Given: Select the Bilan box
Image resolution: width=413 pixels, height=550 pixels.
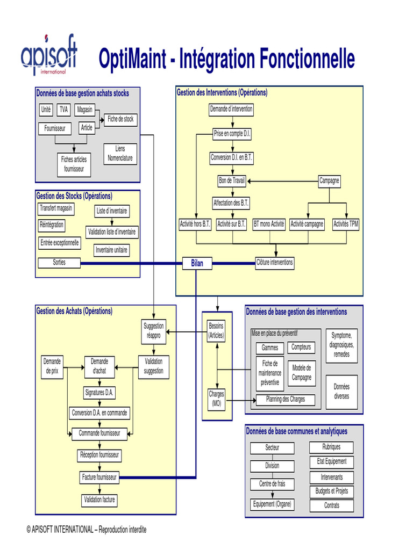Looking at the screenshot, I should pos(197,263).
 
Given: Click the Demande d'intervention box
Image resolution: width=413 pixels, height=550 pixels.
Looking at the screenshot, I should pos(231,110).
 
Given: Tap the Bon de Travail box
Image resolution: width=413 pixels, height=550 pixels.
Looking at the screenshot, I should pos(232,181).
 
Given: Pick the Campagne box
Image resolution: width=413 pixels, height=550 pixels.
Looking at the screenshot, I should pos(329,181).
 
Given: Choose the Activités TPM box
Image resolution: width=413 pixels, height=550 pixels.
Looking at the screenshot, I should pos(345,224).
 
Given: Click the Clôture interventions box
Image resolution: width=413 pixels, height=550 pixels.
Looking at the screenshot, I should pos(274,263).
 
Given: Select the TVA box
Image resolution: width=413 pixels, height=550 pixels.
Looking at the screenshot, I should pos(64,110).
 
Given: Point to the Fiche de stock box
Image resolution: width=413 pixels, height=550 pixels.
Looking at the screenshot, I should pos(120,119).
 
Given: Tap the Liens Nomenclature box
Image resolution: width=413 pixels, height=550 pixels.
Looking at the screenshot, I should pos(120,154).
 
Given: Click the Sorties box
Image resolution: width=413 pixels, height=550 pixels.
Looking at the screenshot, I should pos(59,263).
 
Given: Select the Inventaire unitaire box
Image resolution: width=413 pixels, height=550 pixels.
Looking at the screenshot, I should pos(111,250).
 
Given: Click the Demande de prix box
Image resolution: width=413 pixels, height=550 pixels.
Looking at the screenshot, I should pos(52,366).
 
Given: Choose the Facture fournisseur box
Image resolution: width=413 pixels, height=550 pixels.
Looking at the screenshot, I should pos(99,477).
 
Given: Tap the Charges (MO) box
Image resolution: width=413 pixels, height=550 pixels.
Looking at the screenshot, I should pos(216,399).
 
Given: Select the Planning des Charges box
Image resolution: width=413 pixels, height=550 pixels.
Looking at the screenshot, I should pos(285,400).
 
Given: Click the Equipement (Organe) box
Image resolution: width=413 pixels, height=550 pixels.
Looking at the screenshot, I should pos(272,504).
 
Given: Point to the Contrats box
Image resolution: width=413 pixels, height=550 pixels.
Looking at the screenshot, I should pos(331,505).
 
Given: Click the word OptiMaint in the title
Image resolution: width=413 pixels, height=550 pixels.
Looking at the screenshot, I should pos(131,59).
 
